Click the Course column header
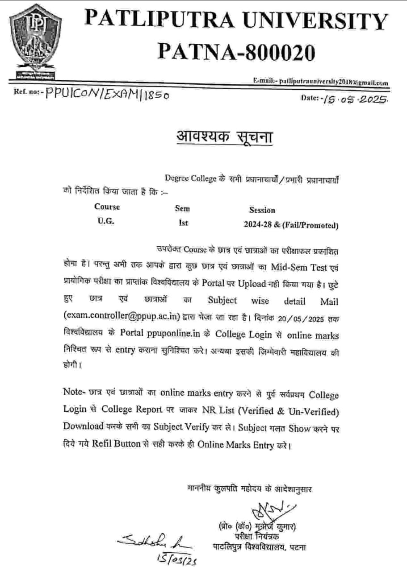107,207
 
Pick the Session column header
262,210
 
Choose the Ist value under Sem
183,223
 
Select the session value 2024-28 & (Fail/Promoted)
290,225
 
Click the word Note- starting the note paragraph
75,393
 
